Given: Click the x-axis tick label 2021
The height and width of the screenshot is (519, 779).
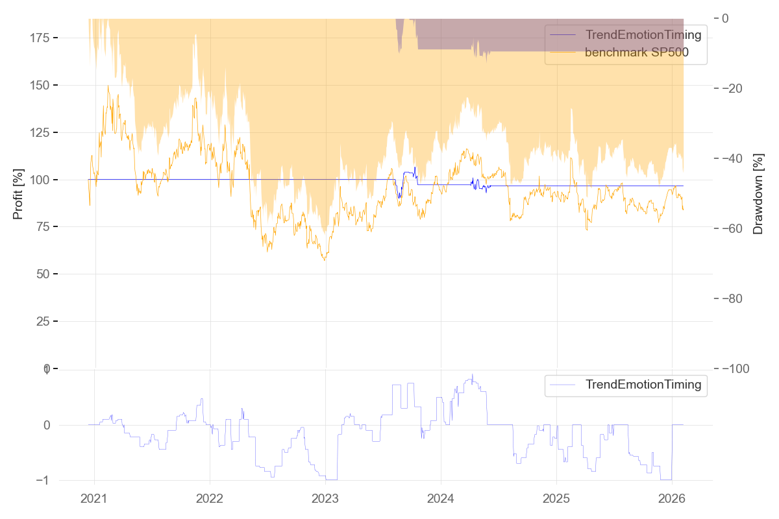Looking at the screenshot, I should (x=94, y=499).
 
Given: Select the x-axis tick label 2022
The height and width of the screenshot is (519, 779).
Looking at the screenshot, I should (x=210, y=499).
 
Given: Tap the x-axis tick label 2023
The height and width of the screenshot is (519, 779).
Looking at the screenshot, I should (x=325, y=499).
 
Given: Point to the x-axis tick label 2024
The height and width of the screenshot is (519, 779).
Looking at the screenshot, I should (x=441, y=499).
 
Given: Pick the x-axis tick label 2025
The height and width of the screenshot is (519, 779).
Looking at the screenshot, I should (x=556, y=499).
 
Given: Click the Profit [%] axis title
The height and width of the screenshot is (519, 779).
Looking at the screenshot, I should (x=18, y=193).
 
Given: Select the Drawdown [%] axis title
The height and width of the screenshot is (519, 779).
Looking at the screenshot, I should (x=758, y=193).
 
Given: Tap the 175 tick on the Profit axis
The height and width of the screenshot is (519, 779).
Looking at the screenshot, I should (x=41, y=38).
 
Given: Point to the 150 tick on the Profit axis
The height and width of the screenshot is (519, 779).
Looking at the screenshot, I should (x=41, y=85).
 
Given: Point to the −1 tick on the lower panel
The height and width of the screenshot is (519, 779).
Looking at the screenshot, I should (x=45, y=480).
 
